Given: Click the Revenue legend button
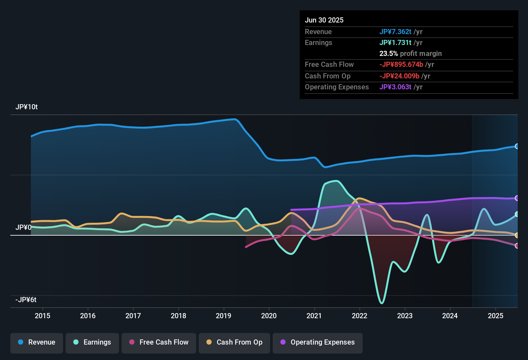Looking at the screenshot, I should [x=37, y=342].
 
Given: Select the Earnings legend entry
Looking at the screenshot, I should [x=92, y=342].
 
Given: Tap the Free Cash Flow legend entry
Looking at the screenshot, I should [x=159, y=342].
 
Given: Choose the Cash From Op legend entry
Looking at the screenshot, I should [x=234, y=342].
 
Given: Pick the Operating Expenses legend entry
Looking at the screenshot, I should [x=318, y=342].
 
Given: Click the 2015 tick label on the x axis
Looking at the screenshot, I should [x=42, y=316].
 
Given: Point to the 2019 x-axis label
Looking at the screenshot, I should [x=223, y=316].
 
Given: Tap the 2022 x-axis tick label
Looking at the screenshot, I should [x=360, y=316].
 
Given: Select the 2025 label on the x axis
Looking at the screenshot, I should [x=496, y=316].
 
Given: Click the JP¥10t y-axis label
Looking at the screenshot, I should [x=27, y=107].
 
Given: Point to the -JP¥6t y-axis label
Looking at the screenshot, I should [x=26, y=300].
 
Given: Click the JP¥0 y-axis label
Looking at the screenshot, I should [x=23, y=228].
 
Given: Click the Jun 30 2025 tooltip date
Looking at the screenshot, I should [x=324, y=20].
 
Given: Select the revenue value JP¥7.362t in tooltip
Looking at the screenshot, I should [x=395, y=32].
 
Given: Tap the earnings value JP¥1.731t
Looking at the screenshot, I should [x=395, y=43].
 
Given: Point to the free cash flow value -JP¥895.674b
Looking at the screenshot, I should [x=401, y=65].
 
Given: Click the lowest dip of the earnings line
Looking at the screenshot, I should [x=382, y=303].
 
